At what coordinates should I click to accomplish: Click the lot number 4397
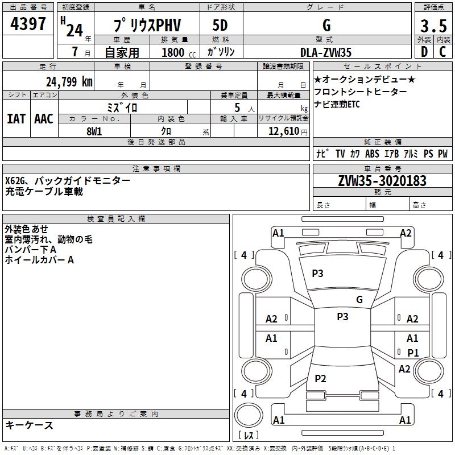28,25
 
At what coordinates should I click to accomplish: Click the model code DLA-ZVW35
326,52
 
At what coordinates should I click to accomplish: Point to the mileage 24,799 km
69,81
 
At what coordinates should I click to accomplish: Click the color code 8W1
94,131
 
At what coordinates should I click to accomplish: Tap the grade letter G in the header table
326,26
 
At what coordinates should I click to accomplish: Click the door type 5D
221,26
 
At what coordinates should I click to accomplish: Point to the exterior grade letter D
424,52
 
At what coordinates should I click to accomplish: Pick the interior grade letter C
443,52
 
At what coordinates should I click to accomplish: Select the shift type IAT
16,118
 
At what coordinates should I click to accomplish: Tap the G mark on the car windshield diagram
359,299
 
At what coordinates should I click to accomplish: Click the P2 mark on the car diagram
320,379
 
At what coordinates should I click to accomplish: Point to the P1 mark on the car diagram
413,353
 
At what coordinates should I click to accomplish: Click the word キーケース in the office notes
29,425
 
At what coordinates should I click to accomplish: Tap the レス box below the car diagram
249,436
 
